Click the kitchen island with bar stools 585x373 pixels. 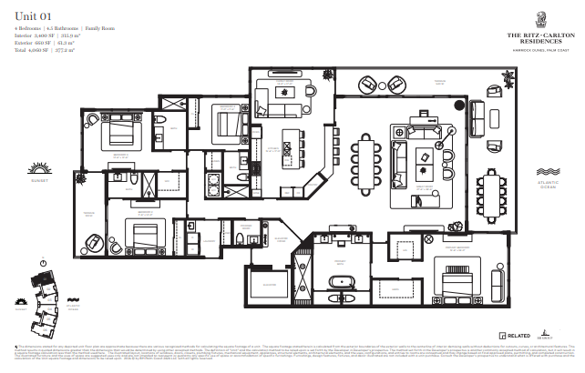pos(292,146)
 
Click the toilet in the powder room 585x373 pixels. pos(239,240)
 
